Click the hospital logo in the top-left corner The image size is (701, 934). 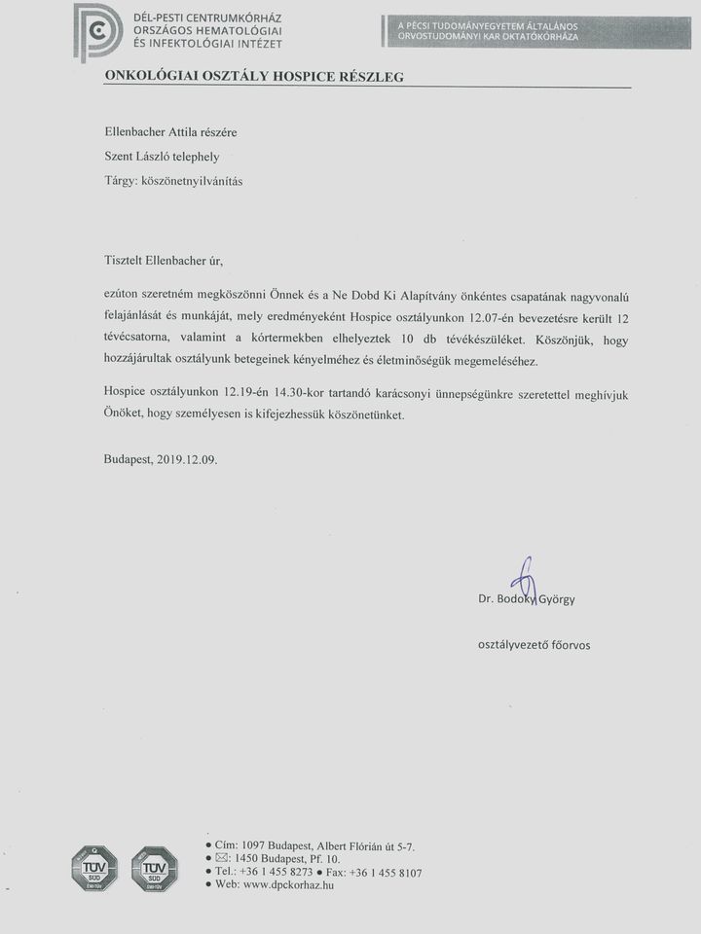click(97, 31)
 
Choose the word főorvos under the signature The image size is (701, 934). click(567, 644)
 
